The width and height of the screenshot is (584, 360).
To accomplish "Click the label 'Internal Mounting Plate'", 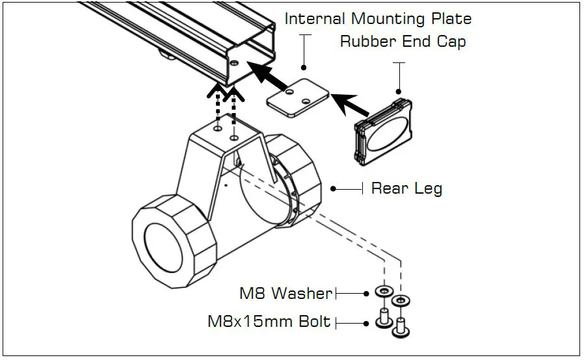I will click(x=378, y=19).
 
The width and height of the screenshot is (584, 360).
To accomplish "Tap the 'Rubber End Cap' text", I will click(x=403, y=42).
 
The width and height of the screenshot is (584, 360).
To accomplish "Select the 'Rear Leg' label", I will click(x=406, y=189).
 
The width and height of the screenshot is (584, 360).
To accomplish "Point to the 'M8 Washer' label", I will click(x=285, y=293).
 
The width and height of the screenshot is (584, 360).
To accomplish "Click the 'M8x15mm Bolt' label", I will click(x=269, y=322).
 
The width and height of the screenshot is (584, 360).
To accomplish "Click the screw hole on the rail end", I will click(x=234, y=64).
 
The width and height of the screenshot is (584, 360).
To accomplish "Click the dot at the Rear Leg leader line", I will click(x=333, y=189).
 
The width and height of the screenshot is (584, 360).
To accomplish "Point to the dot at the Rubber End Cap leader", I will click(x=398, y=92).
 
